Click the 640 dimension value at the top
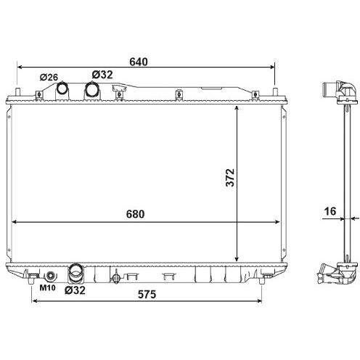click(139, 62)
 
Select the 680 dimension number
click(135, 214)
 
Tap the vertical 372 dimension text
click(230, 178)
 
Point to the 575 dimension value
click(147, 295)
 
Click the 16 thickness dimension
click(330, 211)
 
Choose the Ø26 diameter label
click(49, 77)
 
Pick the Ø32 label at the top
click(102, 75)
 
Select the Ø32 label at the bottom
click(75, 290)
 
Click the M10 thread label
click(47, 287)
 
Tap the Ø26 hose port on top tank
click(62, 89)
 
